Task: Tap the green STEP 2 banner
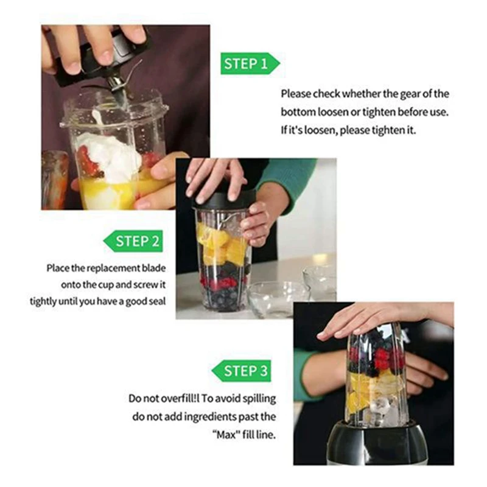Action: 133,241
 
